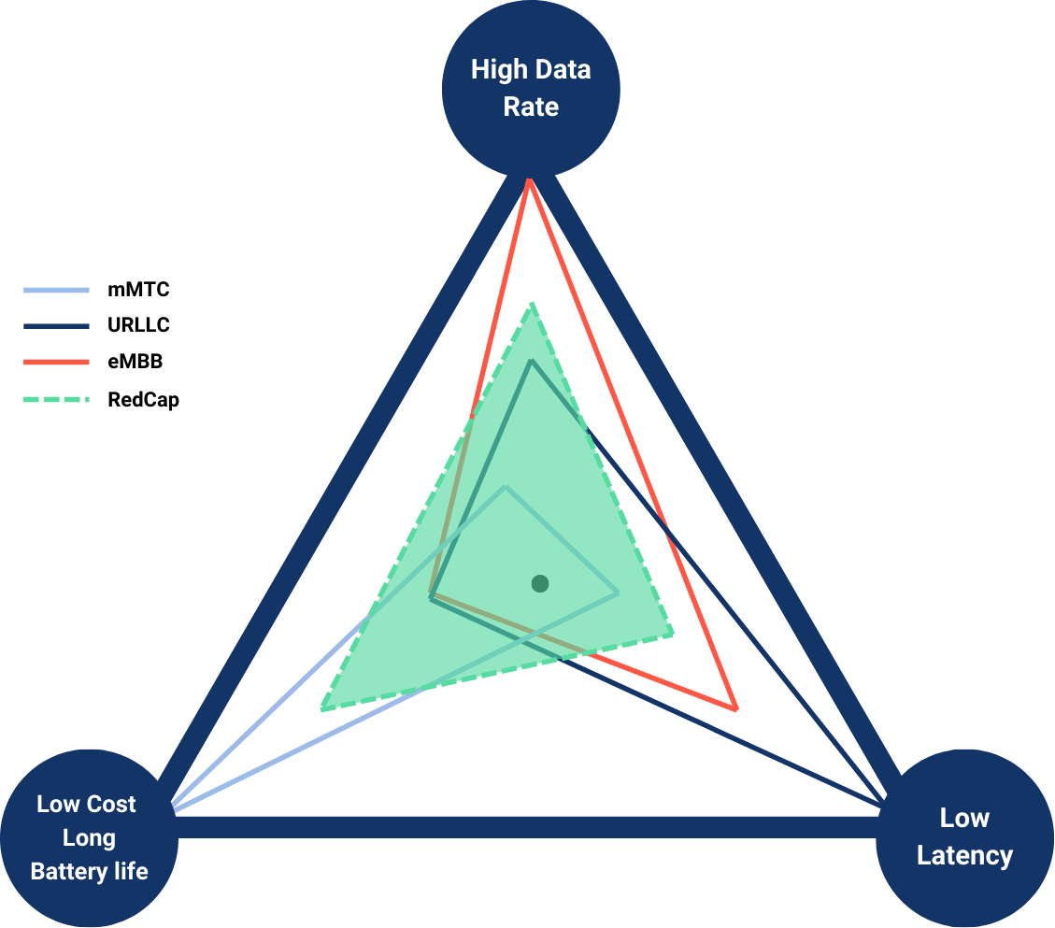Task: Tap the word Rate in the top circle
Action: coord(531,107)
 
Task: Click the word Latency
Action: coord(964,855)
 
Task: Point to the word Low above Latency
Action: coord(964,819)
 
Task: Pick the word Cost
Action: coord(113,804)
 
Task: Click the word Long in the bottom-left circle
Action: coord(89,838)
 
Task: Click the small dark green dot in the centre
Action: coord(539,584)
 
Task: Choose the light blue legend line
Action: coord(56,291)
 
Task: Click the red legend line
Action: coord(56,362)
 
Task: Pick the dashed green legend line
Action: coord(56,399)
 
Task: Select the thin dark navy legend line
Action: coord(56,326)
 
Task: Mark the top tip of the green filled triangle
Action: coord(534,304)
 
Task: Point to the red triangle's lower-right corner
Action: coord(735,708)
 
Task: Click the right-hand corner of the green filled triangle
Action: coord(673,636)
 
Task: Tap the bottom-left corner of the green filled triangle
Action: coord(322,710)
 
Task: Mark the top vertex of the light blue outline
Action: coord(506,488)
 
